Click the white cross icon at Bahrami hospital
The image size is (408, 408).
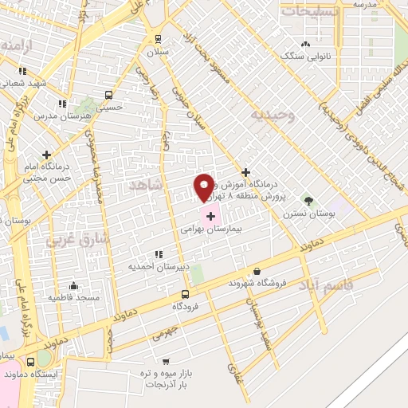211,214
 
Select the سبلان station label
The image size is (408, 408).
158,52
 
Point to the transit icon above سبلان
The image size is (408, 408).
158,39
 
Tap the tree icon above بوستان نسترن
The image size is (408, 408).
308,201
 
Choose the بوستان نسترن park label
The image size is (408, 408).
308,214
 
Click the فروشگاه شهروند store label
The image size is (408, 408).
257,283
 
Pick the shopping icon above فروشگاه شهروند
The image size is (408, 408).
257,271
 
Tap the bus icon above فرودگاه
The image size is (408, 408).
185,293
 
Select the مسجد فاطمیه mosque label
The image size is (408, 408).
73,297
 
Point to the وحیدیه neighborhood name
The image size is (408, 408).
273,115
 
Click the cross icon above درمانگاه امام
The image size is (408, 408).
47,155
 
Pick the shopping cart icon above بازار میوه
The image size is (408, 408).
166,360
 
